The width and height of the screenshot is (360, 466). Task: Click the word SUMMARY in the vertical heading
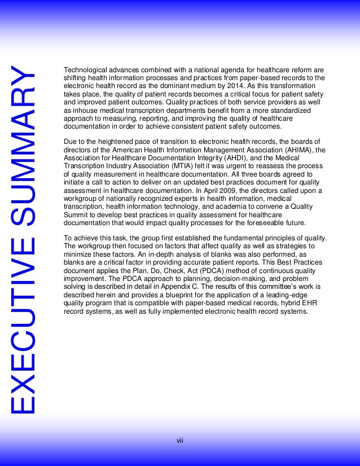pos(26,148)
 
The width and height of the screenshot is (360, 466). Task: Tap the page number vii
pos(180,440)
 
